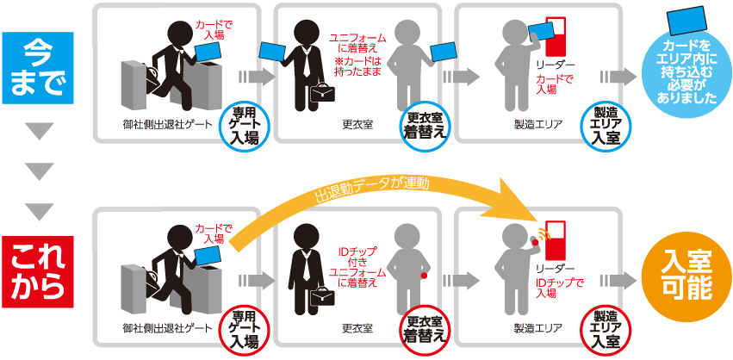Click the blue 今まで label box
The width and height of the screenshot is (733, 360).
tap(40, 68)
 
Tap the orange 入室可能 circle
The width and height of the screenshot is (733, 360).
tap(684, 274)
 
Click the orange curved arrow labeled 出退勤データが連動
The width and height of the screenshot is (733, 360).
tap(370, 189)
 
